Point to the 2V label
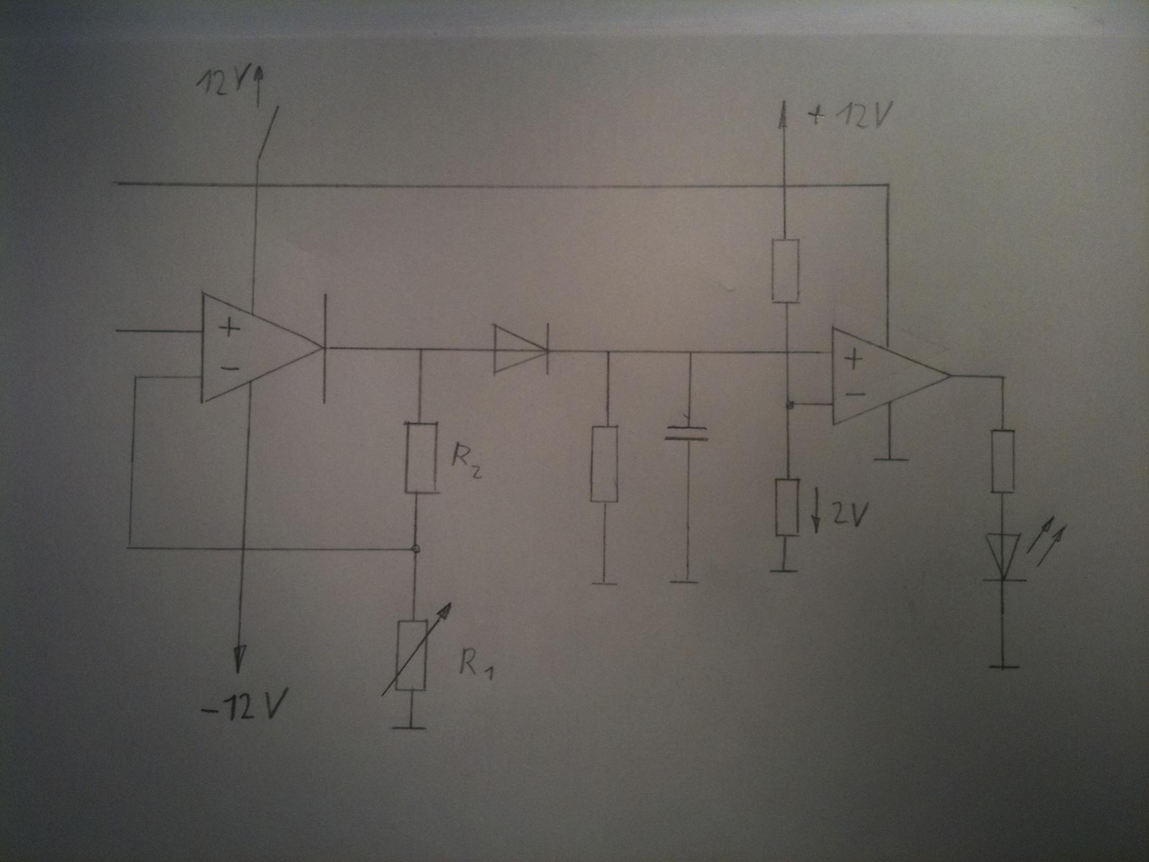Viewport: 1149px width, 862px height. pos(848,516)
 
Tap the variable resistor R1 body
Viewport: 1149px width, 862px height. pos(411,655)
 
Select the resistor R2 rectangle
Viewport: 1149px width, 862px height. pos(420,458)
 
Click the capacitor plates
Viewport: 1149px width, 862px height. pos(686,434)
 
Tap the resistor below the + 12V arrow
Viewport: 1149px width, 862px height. pos(786,271)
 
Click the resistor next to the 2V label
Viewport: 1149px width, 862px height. pos(787,507)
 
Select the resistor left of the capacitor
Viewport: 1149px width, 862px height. pos(605,464)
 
